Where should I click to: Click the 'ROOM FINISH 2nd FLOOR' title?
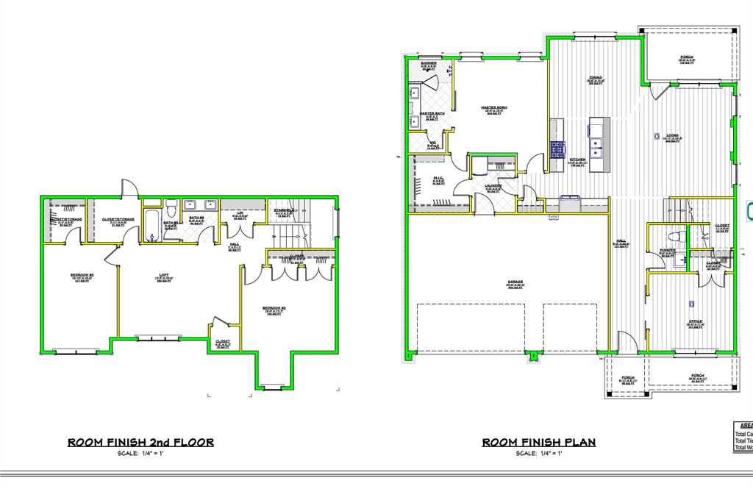coord(140,443)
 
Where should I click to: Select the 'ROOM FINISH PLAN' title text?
coord(538,443)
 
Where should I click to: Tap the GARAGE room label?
coord(515,283)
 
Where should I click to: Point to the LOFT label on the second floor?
coord(164,276)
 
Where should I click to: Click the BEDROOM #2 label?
coord(274,309)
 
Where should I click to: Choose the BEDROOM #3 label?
coord(81,276)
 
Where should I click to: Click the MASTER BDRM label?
coord(494,109)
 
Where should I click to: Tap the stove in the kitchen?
coord(557,149)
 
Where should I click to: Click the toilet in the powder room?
coord(673,238)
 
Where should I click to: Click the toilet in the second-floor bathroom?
coord(170,207)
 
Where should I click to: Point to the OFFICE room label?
coord(695,322)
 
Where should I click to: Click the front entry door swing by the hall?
coord(627,341)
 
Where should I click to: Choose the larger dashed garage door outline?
coord(471,328)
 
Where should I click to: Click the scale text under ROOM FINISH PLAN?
coord(538,454)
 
